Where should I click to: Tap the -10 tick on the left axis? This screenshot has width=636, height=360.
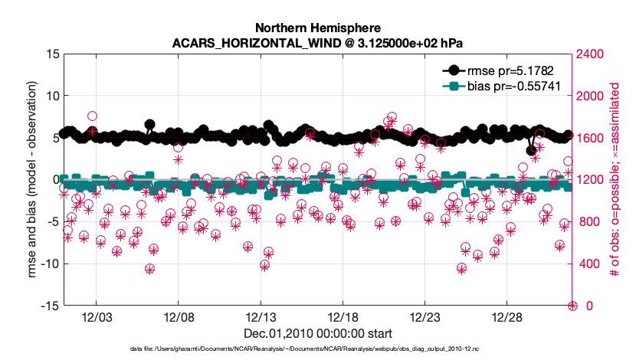pyautogui.click(x=49, y=263)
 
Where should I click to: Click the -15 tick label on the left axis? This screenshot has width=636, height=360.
pyautogui.click(x=49, y=306)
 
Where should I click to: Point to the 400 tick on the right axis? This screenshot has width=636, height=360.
pyautogui.click(x=588, y=264)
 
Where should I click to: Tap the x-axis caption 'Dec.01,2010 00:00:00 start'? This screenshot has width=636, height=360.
pyautogui.click(x=318, y=334)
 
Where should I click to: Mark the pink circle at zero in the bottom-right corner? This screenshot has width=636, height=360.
pyautogui.click(x=572, y=306)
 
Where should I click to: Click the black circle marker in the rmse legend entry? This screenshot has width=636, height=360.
pyautogui.click(x=454, y=70)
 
